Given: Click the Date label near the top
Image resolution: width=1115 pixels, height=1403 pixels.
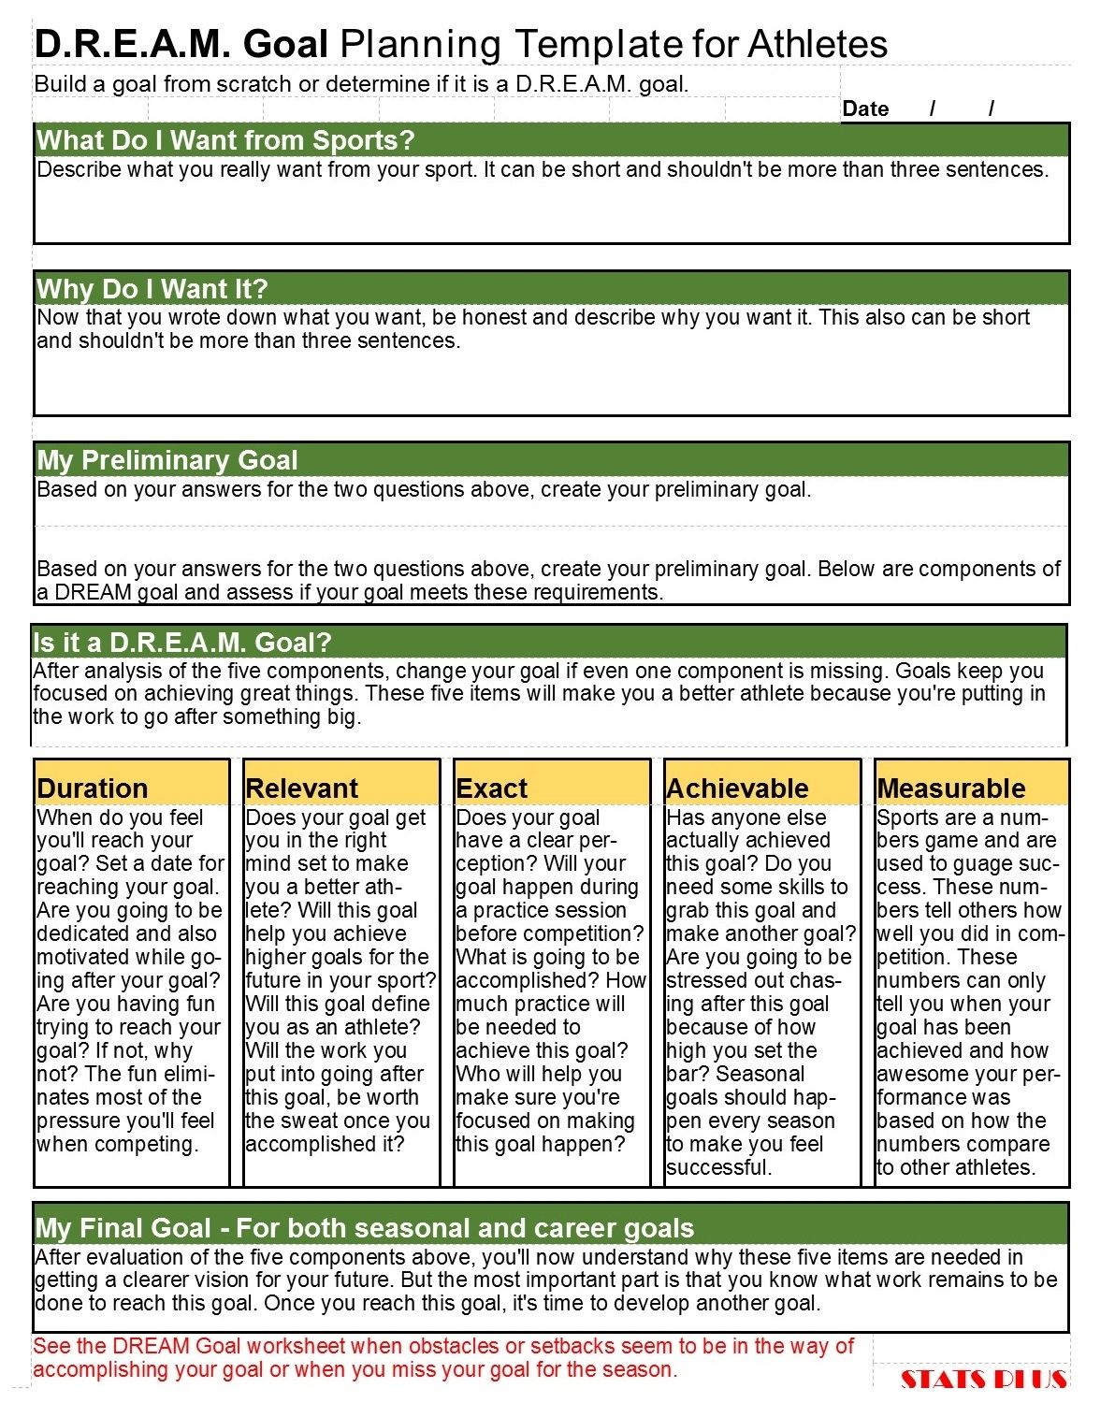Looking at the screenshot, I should pos(865,108).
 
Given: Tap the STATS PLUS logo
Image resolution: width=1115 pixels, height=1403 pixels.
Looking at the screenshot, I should pos(983,1379).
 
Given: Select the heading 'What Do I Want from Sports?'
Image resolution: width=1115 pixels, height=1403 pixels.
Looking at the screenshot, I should pos(225,140).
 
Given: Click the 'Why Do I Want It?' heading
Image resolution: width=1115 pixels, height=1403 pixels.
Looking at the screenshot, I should pos(152,288).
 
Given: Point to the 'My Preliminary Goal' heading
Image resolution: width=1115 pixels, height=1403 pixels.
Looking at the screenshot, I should pos(167,460).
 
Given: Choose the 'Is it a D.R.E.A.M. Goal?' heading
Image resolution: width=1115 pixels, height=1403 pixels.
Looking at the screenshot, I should pos(182,643).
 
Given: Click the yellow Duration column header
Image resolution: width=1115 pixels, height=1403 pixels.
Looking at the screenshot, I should pos(93,788).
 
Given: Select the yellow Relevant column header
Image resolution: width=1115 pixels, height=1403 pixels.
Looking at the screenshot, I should pos(302,788).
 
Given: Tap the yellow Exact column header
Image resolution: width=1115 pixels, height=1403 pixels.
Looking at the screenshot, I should pos(492,788).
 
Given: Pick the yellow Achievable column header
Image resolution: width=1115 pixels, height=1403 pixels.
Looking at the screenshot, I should pos(738,788).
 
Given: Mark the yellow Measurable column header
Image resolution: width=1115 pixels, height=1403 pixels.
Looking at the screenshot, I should pos(951,788).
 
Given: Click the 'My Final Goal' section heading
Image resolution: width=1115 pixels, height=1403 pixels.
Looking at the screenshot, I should pos(365,1227).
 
